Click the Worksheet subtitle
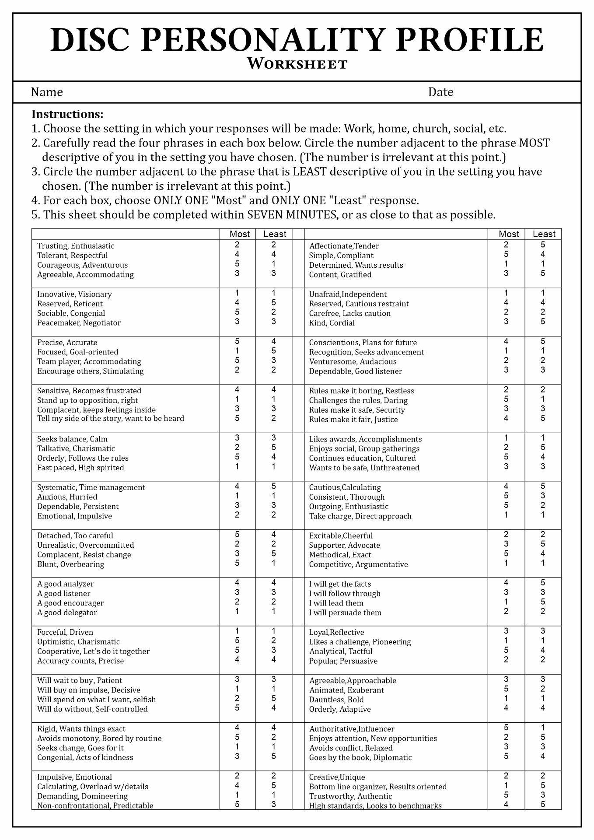[297, 64]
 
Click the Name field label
[47, 92]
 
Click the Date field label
[440, 92]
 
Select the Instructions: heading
[67, 115]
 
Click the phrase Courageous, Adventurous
[82, 265]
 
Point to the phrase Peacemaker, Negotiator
[79, 323]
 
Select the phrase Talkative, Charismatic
[76, 448]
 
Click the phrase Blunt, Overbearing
[70, 564]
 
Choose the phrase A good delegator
[67, 612]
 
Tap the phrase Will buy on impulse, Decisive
[89, 690]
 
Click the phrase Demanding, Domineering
[82, 796]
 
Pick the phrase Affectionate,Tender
[344, 246]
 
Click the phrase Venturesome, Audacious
[353, 362]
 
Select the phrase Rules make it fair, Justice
[353, 420]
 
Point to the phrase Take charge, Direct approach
[360, 516]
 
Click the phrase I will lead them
[336, 603]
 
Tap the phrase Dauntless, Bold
[336, 700]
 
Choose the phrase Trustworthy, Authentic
[350, 796]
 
